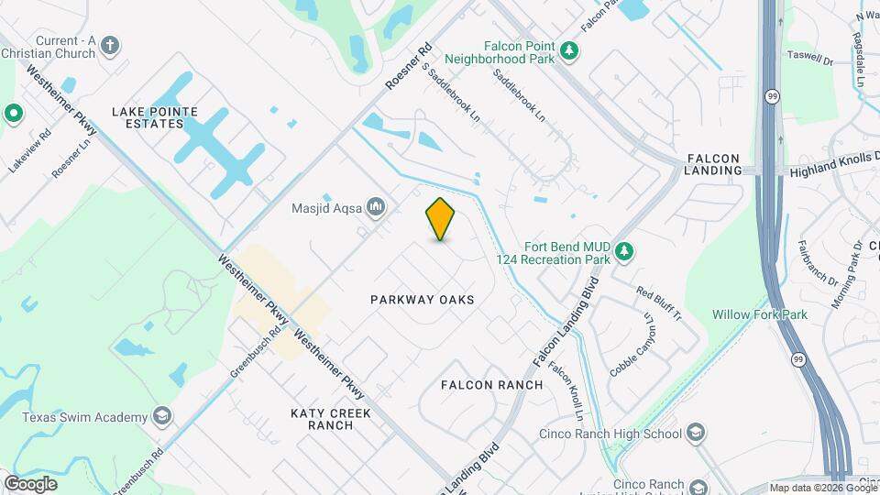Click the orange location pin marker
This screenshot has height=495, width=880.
tap(441, 218)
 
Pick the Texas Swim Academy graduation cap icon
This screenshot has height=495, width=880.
tap(162, 417)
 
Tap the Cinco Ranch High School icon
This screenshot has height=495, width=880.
tap(696, 434)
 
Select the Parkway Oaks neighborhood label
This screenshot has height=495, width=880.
tap(422, 300)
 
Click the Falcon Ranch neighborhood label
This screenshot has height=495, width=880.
tap(492, 385)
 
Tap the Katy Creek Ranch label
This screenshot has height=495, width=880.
tap(331, 419)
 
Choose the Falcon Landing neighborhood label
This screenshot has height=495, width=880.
tap(714, 163)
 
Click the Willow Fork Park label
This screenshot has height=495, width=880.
tap(760, 314)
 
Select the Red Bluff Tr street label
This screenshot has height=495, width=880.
tap(659, 303)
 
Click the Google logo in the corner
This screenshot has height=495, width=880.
tap(30, 484)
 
